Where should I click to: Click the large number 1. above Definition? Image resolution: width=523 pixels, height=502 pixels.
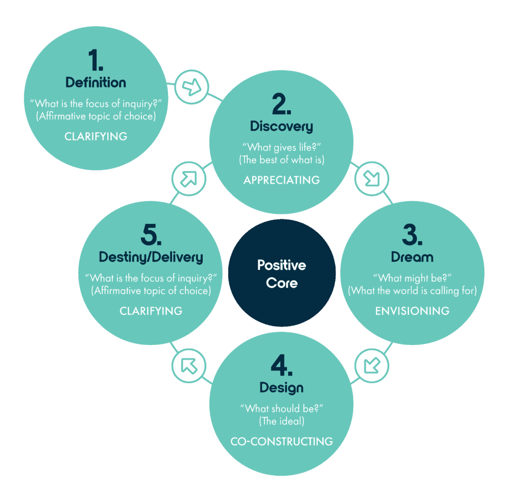click(96, 60)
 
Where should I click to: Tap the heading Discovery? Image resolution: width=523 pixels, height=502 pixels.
click(281, 126)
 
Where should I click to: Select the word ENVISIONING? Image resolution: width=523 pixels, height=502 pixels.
click(412, 311)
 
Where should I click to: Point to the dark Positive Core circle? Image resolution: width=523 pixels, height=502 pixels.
click(282, 273)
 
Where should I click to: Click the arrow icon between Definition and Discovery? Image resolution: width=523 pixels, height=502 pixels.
click(192, 87)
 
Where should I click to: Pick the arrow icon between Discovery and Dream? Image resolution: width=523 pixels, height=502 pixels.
click(372, 179)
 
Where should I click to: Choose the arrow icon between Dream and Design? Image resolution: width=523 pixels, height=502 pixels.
click(372, 365)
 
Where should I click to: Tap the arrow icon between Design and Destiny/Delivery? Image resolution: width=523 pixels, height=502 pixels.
click(189, 366)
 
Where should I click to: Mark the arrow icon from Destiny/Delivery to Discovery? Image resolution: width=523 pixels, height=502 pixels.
click(189, 179)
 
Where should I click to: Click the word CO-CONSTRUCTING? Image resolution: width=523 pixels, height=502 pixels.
click(281, 441)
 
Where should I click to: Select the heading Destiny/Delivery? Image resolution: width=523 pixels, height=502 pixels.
click(151, 257)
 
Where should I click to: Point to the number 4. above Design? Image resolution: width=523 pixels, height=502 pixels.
click(281, 365)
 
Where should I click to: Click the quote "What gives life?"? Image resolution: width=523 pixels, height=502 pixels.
click(281, 147)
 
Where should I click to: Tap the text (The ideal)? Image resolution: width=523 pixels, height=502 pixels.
click(281, 421)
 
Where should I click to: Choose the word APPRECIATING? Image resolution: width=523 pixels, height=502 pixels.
click(281, 180)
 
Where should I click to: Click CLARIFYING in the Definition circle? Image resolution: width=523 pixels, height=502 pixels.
click(96, 136)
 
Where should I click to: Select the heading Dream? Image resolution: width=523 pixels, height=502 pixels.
click(412, 257)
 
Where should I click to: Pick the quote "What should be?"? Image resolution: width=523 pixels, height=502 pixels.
click(281, 409)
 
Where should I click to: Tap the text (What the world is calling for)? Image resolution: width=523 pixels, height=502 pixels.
click(412, 291)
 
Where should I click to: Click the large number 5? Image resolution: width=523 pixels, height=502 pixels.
click(151, 235)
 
